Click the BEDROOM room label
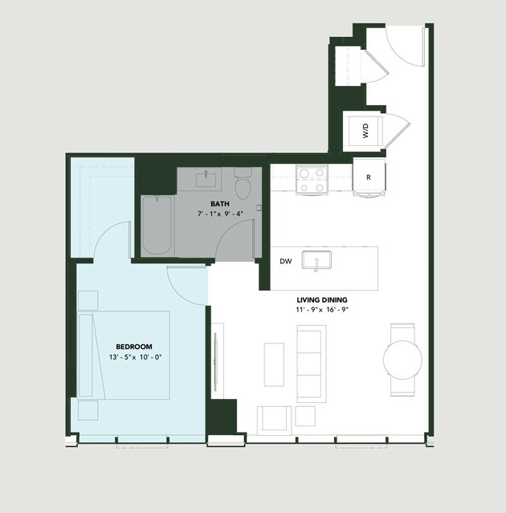(134, 347)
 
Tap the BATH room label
(220, 204)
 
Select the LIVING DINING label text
(322, 299)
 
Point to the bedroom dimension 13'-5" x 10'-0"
(136, 357)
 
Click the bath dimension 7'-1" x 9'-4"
(220, 214)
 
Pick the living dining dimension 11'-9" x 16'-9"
(322, 310)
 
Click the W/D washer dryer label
(365, 131)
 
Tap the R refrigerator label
(369, 177)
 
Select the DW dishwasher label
(285, 262)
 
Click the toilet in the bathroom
(243, 183)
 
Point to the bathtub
(157, 225)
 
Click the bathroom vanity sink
(206, 180)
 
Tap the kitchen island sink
(316, 260)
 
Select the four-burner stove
(312, 180)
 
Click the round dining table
(402, 360)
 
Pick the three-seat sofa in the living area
(312, 364)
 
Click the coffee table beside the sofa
(274, 364)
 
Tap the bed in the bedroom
(124, 356)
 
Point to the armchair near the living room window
(274, 421)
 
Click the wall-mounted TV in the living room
(216, 362)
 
